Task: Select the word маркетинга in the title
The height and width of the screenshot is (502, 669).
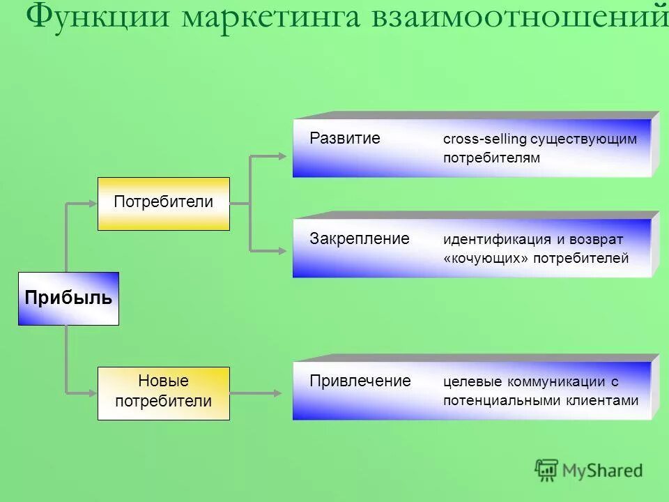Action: coord(272,17)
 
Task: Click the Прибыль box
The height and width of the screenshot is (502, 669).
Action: coord(68,298)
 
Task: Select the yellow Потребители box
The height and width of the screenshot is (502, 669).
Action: coord(163,203)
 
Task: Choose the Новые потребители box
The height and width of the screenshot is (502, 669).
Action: coord(163,393)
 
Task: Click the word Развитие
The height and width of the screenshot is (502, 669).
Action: coord(345,138)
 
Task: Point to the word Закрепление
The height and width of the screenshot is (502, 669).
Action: coord(359,238)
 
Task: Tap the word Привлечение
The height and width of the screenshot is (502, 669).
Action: coord(360,381)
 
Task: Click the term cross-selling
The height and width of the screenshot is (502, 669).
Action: coord(484,139)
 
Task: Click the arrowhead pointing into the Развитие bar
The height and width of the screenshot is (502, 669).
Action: coord(282,156)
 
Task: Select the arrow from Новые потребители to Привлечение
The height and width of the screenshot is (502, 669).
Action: coord(256,393)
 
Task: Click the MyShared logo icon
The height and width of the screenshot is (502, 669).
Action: coord(546,470)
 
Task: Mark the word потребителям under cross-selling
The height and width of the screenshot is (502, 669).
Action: coord(491,158)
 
